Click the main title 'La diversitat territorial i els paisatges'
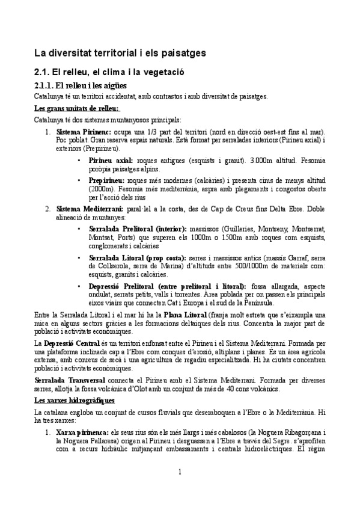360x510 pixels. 120,53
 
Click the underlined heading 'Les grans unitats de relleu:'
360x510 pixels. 77,109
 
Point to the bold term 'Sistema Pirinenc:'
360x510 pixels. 82,131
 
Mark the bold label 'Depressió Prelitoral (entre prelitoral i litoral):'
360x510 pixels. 166,286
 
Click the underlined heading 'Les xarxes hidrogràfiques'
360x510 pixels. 75,400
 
